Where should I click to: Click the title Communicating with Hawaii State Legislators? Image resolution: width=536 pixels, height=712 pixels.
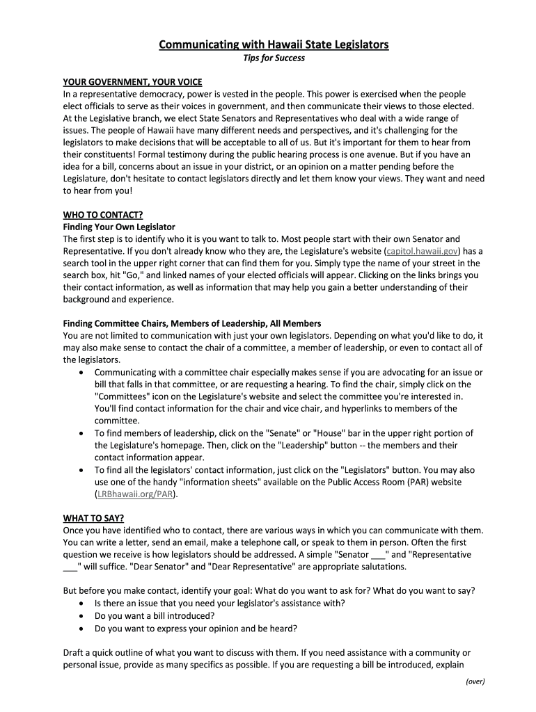[x=274, y=44]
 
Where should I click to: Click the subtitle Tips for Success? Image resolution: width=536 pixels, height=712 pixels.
[x=274, y=58]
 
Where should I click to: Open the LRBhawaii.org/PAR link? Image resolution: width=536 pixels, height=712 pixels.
[x=135, y=494]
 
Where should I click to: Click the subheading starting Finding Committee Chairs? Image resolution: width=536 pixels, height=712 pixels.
[x=192, y=324]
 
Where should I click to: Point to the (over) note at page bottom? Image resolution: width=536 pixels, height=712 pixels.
[x=475, y=681]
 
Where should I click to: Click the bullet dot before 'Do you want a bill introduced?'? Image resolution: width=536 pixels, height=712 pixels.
[x=84, y=616]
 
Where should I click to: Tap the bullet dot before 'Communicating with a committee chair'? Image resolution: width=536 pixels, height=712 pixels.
[x=84, y=373]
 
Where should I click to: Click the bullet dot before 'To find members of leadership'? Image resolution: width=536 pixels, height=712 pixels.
[x=84, y=433]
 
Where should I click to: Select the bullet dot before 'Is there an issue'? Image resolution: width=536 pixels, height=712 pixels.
[x=84, y=604]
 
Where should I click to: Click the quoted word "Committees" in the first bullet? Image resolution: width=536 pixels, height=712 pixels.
[x=123, y=396]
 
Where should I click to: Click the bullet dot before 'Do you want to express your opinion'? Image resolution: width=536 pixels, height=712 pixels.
[x=84, y=629]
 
